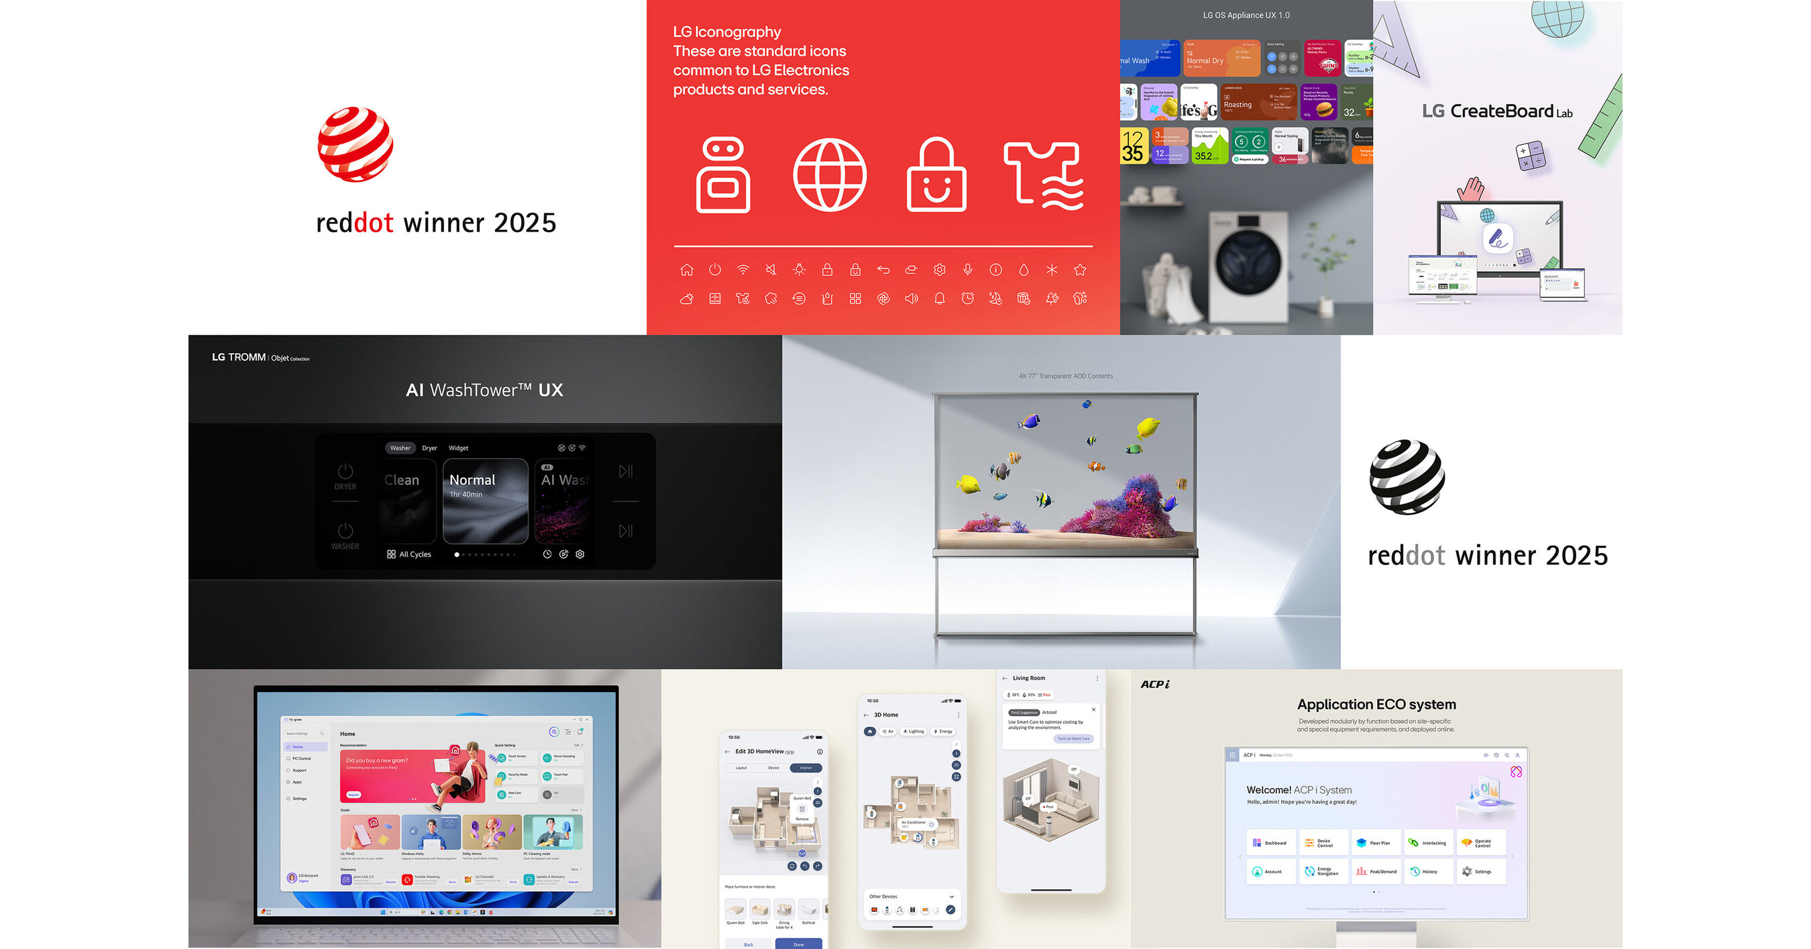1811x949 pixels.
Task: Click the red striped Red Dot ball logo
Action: tap(355, 144)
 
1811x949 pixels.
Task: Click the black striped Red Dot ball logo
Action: tap(1407, 477)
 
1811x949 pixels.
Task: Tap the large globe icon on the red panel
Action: tap(830, 174)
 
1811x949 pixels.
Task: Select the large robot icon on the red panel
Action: tap(722, 174)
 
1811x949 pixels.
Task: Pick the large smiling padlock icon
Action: tap(936, 176)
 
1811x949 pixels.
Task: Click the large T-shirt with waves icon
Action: tap(1043, 176)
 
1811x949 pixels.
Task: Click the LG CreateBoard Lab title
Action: tap(1496, 111)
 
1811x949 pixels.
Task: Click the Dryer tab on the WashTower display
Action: tap(429, 448)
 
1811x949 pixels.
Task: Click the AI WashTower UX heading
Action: tap(484, 390)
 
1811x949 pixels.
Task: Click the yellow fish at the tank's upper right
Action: tap(1148, 426)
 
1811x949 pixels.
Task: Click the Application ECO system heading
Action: tap(1376, 704)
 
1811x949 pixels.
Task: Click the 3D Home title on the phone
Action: tap(886, 715)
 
